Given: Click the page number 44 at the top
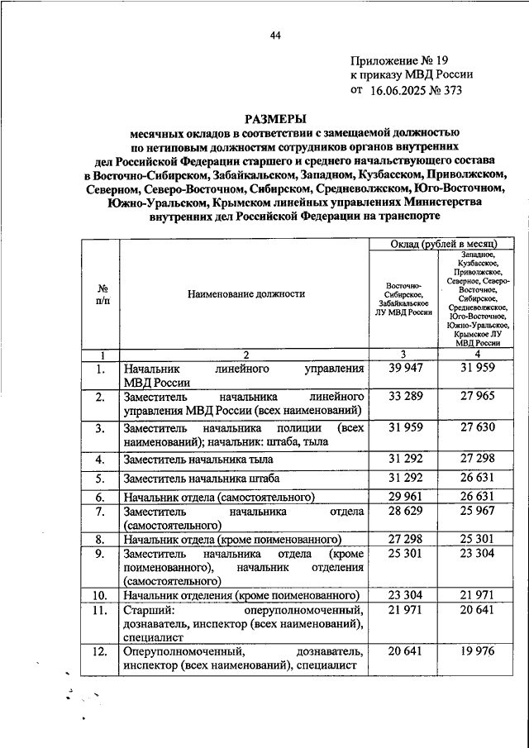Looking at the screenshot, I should (x=275, y=35).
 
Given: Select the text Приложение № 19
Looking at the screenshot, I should (x=399, y=61).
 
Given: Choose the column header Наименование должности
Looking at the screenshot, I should (x=245, y=293).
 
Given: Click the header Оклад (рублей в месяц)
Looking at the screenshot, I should (x=443, y=245).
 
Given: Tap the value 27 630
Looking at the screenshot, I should (x=477, y=429).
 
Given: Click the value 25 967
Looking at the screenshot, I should (x=477, y=513).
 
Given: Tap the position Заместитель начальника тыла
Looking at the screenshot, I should (x=202, y=460).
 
